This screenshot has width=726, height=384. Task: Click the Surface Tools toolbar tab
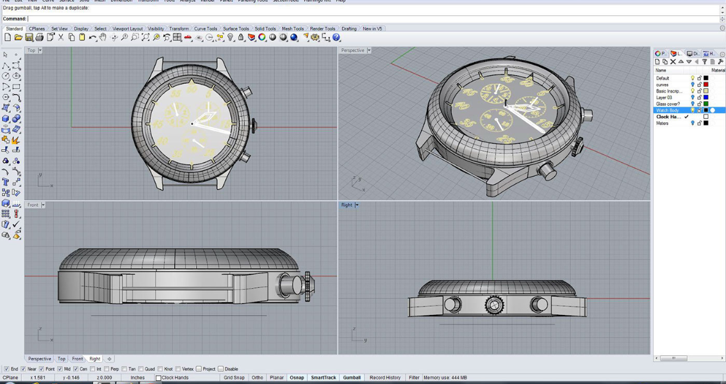point(236,29)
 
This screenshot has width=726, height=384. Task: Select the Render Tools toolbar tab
point(322,29)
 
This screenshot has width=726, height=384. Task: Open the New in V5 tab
point(372,29)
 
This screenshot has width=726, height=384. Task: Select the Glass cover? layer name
point(668,104)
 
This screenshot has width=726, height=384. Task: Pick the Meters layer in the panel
point(663,123)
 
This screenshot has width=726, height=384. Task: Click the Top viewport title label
point(31,51)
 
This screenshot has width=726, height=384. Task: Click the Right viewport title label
point(347,205)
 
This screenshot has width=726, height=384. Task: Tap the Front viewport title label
point(33,205)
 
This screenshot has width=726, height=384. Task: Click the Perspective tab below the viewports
point(39,359)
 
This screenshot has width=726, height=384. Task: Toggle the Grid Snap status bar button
point(234,378)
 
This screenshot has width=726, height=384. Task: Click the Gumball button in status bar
point(352,378)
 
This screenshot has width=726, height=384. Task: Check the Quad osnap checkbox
point(142,369)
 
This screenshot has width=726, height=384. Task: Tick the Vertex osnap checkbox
point(178,369)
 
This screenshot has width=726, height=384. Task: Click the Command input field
point(372,19)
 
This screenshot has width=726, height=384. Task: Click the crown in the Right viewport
point(494,305)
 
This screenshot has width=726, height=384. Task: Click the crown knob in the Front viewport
point(308,286)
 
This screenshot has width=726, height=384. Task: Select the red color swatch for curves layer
point(706,84)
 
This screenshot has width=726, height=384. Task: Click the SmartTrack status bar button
point(323,378)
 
